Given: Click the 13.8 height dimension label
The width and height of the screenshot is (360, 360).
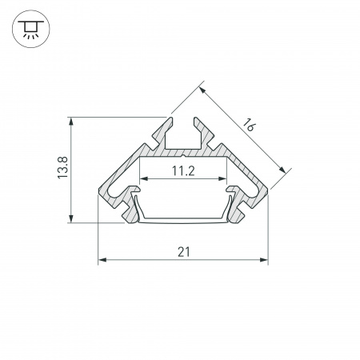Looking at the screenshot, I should (x=62, y=170).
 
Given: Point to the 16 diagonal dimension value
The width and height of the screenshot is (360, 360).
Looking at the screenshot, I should (x=250, y=126).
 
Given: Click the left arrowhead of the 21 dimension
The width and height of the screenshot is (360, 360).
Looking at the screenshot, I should (x=102, y=261).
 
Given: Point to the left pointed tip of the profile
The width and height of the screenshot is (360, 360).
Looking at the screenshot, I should (x=99, y=191).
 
